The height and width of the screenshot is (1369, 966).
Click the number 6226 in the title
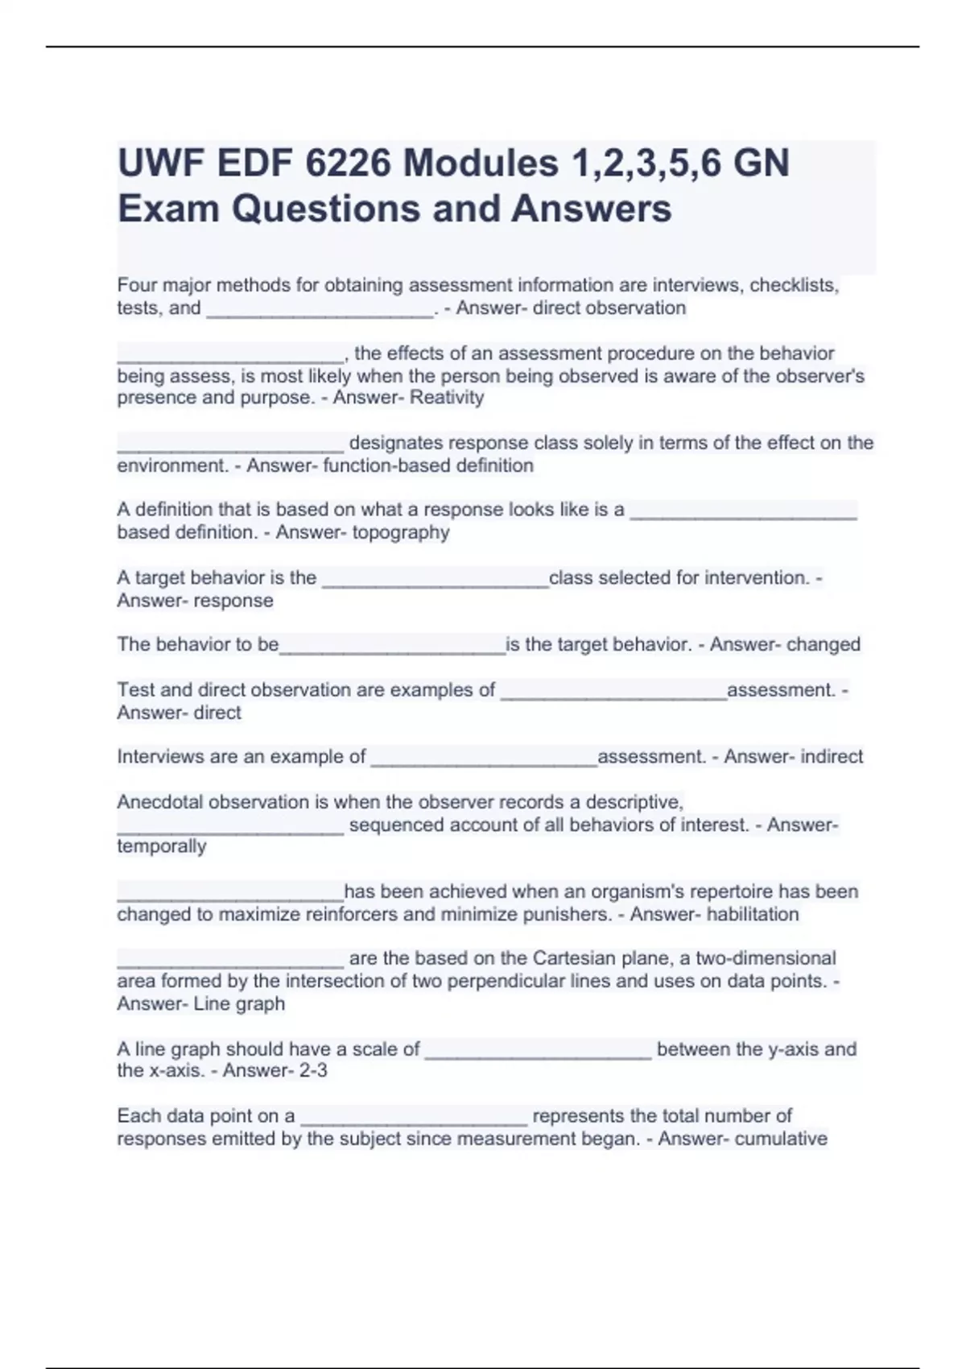click(x=348, y=163)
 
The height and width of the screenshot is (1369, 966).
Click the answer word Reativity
click(x=447, y=397)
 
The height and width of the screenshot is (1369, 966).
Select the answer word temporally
click(x=162, y=846)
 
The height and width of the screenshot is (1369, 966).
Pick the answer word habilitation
click(x=752, y=914)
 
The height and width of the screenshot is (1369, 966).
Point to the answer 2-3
click(x=310, y=1070)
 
